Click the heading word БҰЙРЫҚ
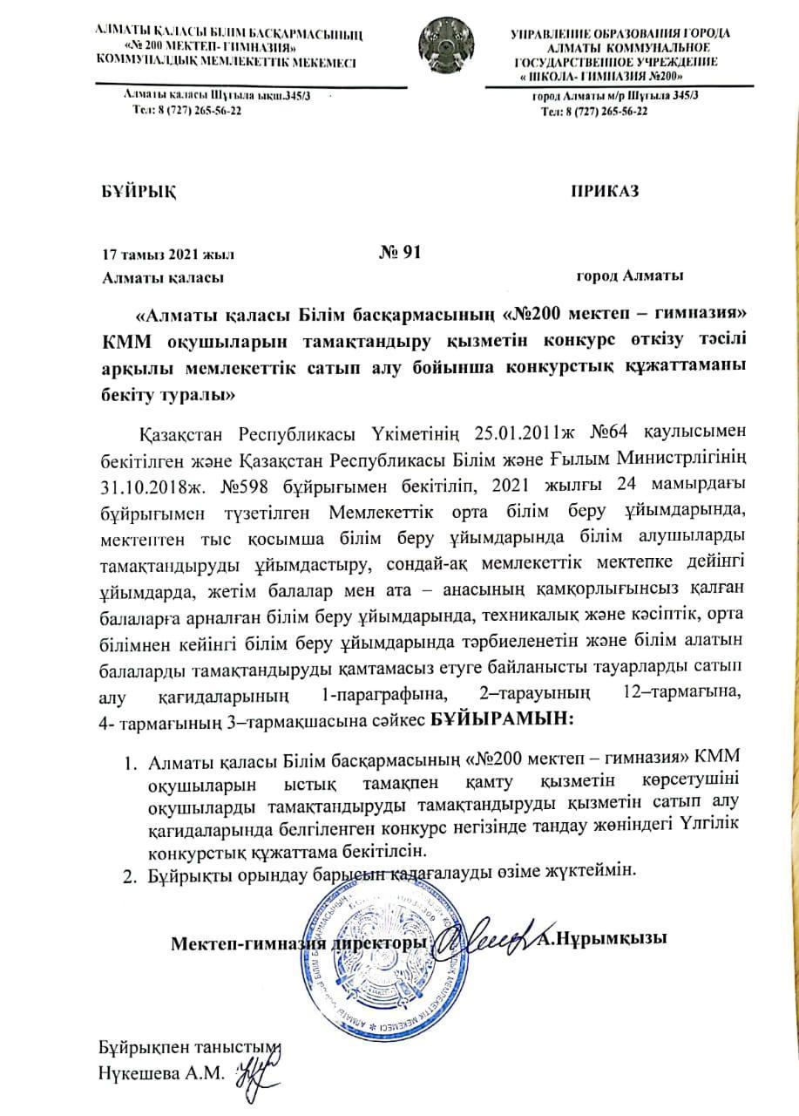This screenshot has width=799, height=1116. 137,192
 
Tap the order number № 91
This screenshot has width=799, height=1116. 400,253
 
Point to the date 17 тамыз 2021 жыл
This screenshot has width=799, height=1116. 168,255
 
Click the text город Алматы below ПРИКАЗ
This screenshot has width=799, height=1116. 630,276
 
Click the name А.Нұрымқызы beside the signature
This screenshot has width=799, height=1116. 602,939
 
